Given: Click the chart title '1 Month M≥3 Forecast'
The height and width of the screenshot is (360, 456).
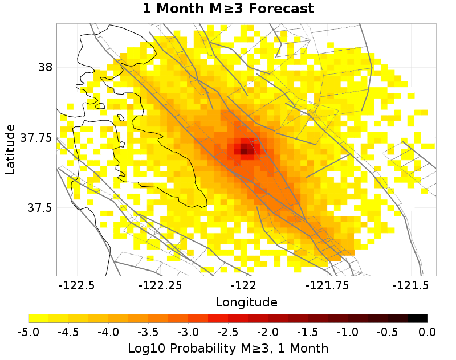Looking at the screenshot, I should click(228, 9).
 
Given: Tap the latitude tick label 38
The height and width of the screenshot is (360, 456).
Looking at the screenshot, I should click(45, 67).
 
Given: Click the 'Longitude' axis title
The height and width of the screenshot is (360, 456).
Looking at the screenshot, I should click(246, 301).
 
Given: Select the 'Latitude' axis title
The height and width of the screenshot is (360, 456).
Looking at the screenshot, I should click(10, 150).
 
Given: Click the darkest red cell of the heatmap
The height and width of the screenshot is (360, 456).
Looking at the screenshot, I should click(244, 151).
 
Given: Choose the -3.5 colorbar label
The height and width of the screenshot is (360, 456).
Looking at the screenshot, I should click(148, 332).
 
